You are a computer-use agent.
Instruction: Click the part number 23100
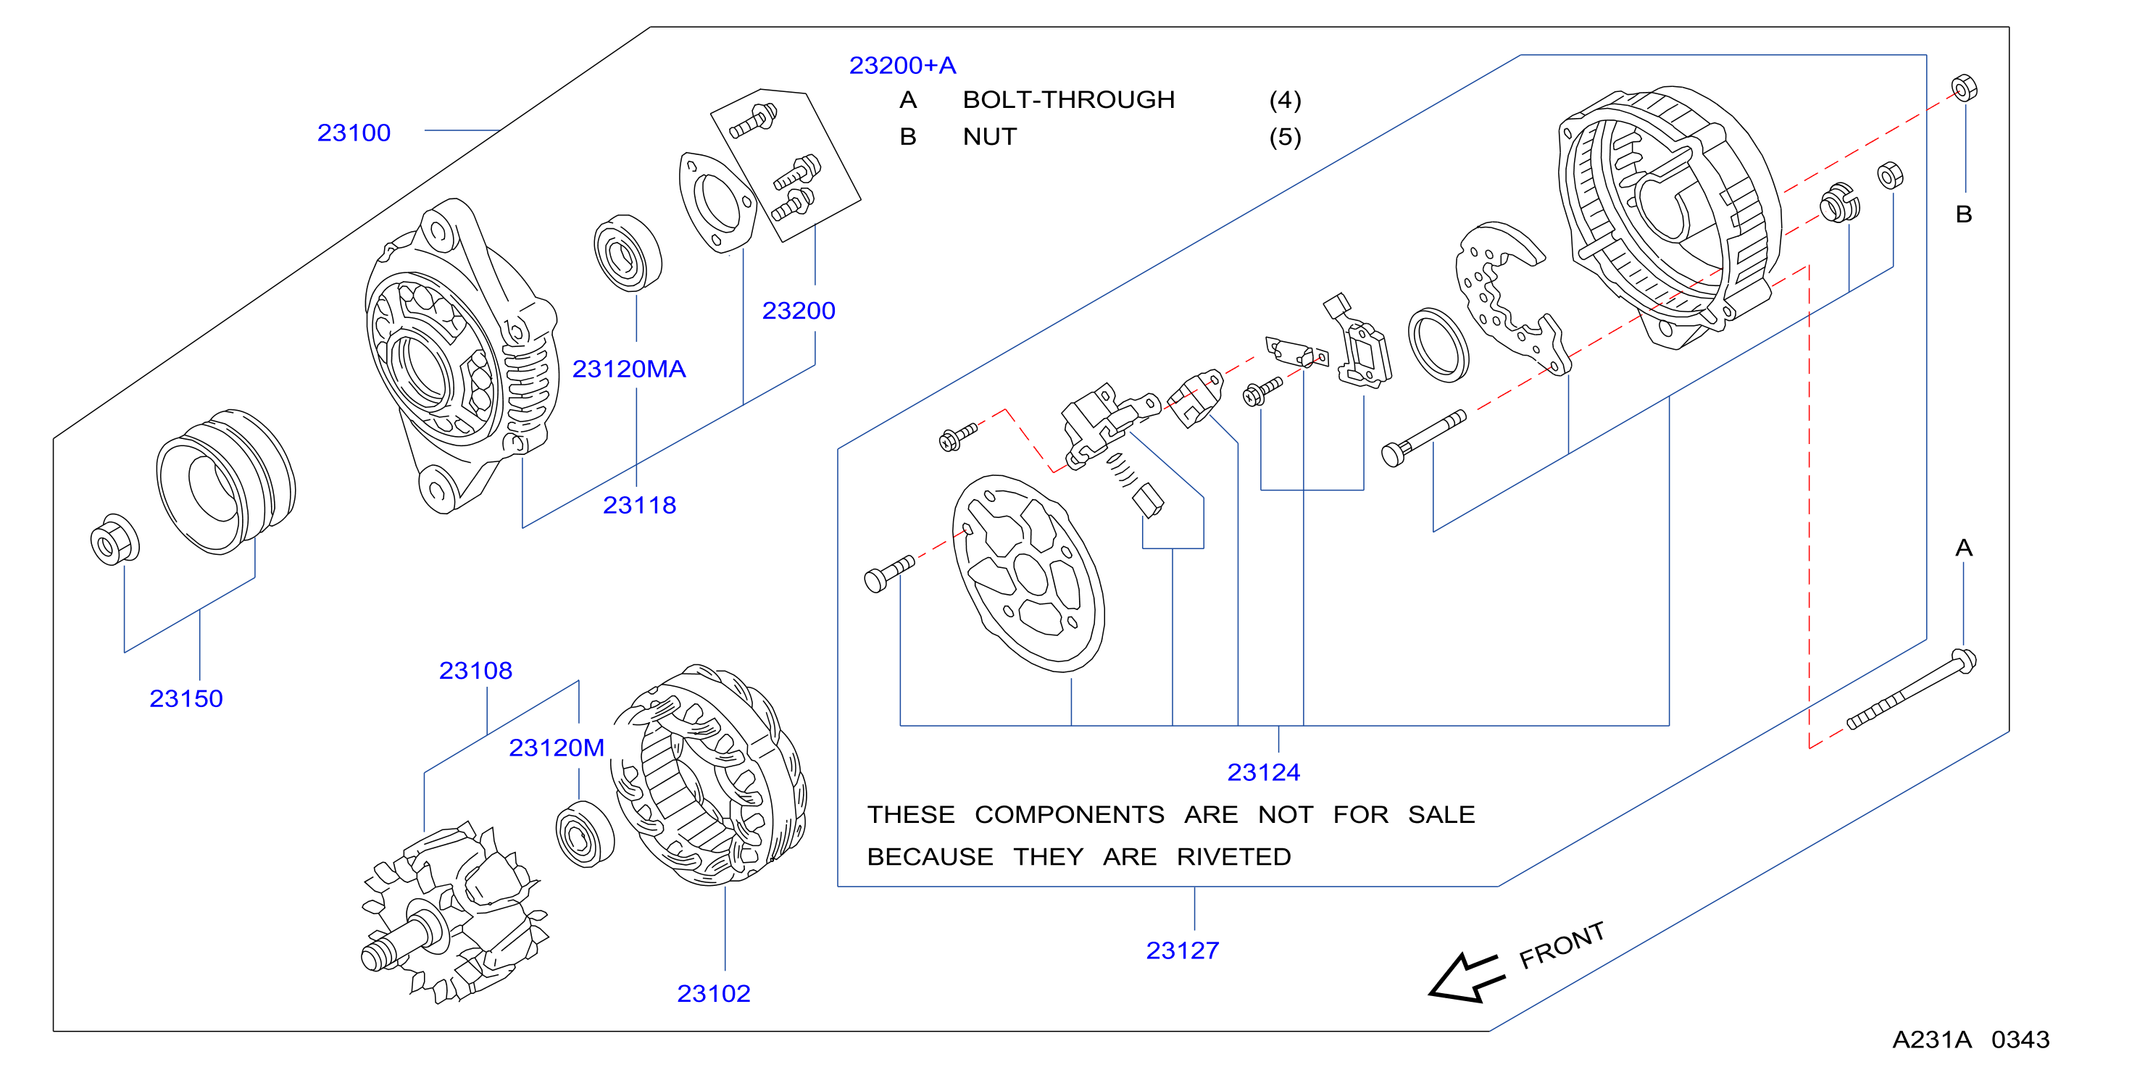click(x=354, y=133)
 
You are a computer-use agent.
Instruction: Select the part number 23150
click(x=186, y=698)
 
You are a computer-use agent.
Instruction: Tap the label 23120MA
click(x=629, y=369)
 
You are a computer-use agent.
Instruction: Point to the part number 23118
click(x=640, y=505)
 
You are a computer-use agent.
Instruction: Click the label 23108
click(x=476, y=670)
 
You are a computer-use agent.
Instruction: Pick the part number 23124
click(x=1264, y=772)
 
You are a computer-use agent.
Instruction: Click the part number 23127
click(x=1183, y=950)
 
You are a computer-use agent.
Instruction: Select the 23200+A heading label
click(x=903, y=65)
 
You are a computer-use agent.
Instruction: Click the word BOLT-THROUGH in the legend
click(x=1068, y=99)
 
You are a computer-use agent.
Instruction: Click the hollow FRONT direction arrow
click(x=1465, y=978)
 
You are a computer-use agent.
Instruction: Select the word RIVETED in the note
click(x=1234, y=856)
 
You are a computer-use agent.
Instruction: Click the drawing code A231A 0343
click(x=1971, y=1040)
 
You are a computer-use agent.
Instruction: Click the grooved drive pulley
click(x=226, y=481)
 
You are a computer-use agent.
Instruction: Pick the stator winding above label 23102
click(x=709, y=774)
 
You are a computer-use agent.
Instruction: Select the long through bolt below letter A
click(x=1912, y=690)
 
